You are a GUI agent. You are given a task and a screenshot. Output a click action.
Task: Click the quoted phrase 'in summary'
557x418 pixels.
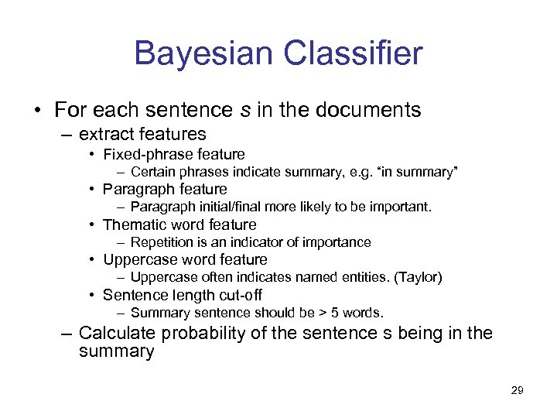tap(419, 172)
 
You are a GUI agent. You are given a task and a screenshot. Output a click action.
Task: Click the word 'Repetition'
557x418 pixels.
tap(162, 242)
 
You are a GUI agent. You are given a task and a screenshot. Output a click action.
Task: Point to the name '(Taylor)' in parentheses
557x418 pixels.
tap(418, 277)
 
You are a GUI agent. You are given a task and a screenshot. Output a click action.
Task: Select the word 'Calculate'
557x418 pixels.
tap(116, 334)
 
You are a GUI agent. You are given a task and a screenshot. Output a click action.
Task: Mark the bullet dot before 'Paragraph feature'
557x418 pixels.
tap(92, 190)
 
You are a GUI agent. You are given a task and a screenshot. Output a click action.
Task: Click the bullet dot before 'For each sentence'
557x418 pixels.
tap(37, 110)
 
